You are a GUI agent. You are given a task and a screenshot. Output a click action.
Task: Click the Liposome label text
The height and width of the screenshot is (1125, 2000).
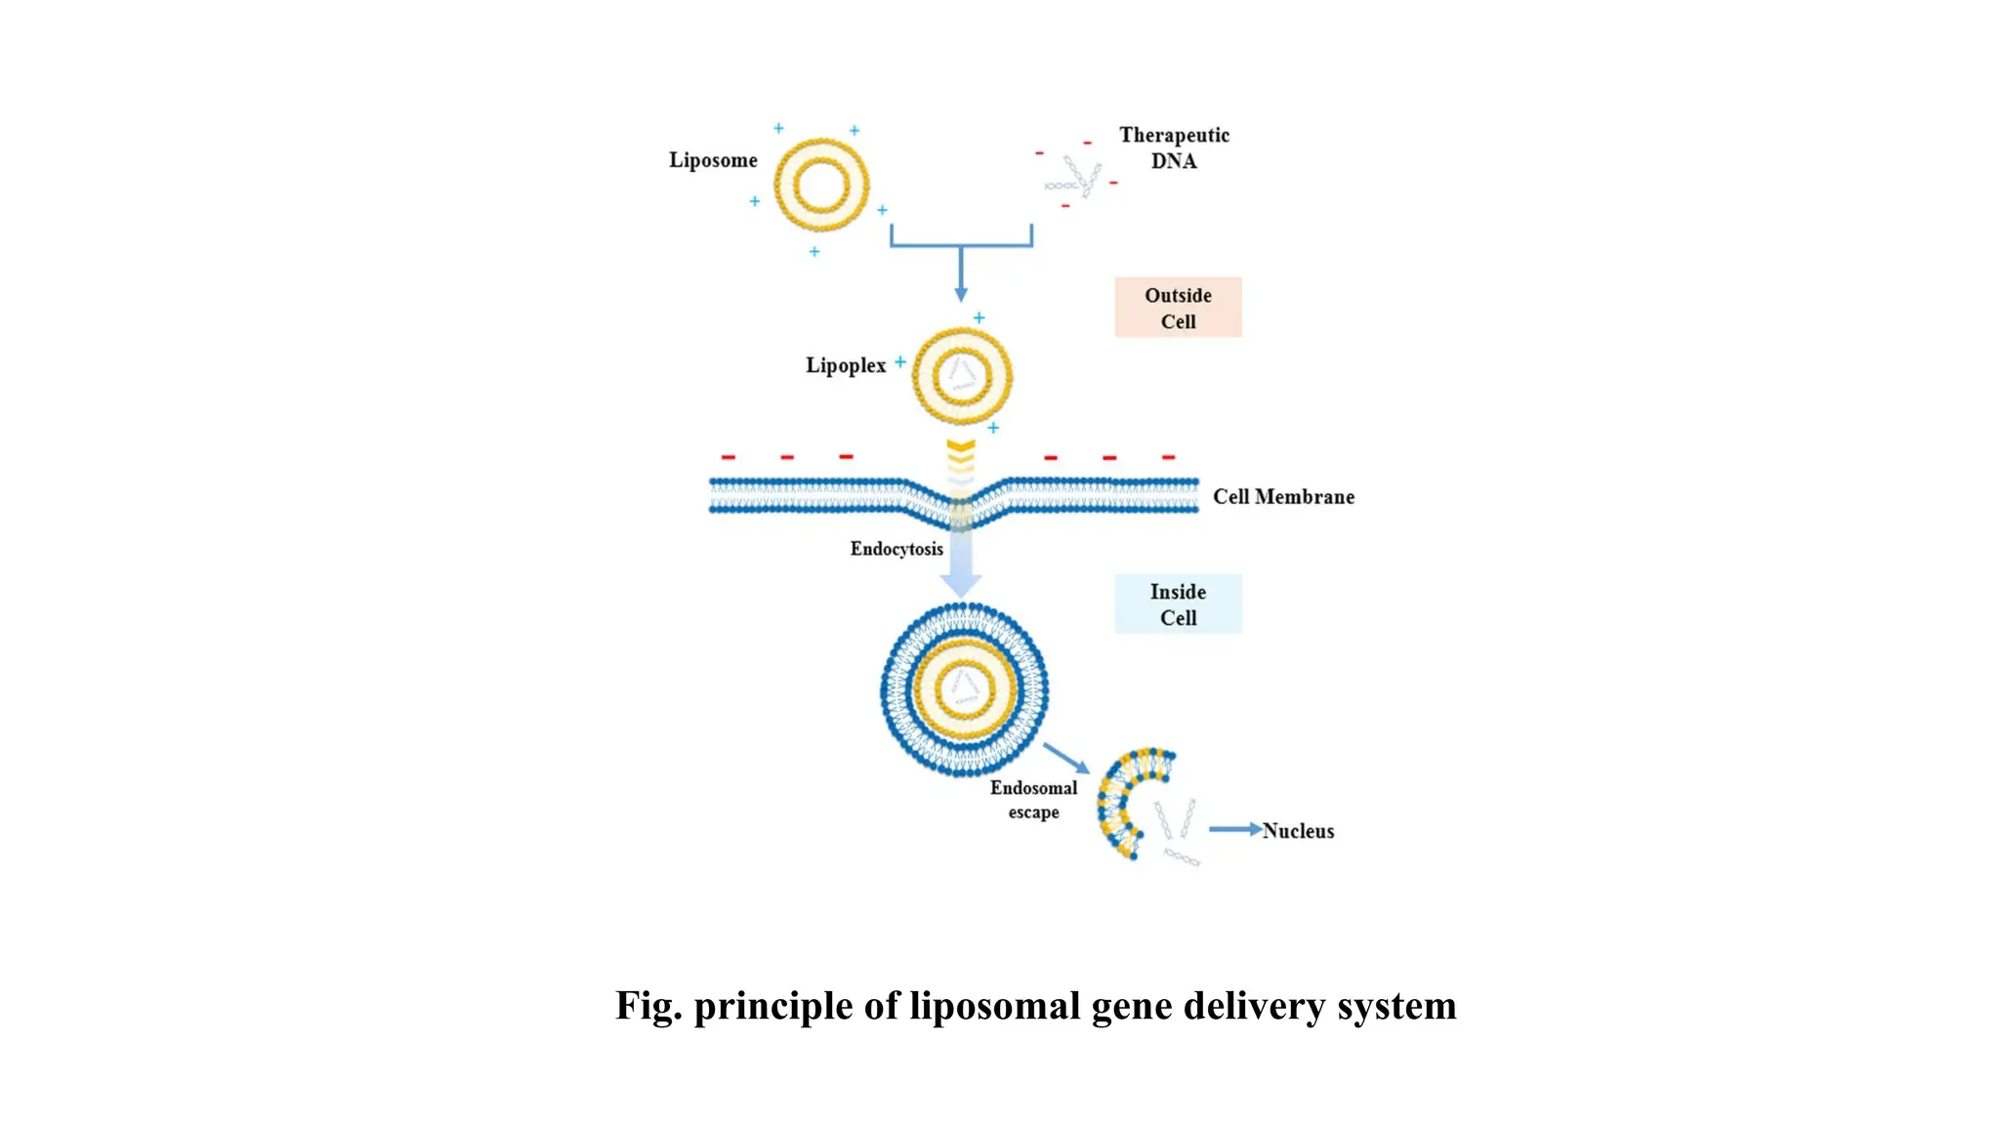point(713,160)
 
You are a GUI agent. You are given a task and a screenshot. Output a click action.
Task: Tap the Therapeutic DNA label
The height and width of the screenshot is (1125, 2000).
point(1174,147)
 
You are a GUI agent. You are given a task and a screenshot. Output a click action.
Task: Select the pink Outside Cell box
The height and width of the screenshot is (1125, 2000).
point(1178,308)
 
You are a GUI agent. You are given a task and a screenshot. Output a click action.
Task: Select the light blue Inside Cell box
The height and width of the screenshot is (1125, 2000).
point(1178,604)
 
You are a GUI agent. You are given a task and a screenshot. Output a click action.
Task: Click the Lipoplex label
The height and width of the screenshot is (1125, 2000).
point(845,365)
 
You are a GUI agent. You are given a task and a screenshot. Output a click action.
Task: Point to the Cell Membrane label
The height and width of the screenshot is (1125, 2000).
point(1283,496)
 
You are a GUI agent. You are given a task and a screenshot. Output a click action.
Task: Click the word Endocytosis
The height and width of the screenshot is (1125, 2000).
point(896,549)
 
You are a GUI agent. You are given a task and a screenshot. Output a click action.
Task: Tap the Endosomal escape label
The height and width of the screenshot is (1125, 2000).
point(1033,800)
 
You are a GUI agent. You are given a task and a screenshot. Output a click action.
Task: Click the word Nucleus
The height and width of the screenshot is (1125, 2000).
point(1298,831)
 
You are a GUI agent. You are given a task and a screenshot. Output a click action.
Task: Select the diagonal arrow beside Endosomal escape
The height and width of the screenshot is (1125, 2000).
point(1065,758)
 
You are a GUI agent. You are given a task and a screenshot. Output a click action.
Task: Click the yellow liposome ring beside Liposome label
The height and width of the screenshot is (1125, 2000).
point(821,185)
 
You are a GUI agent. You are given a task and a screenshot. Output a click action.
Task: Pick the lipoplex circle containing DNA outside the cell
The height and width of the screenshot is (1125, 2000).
point(962,376)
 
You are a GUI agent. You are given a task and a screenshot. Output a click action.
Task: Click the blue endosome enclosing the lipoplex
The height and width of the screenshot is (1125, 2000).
point(964,689)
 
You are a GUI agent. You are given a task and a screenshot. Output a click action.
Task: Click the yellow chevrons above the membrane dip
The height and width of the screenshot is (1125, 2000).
point(961,455)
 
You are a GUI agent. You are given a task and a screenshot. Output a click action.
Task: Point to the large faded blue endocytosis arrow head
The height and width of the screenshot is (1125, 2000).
point(961,583)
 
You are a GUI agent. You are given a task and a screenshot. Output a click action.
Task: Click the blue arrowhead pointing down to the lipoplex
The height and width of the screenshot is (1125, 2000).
point(961,293)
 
